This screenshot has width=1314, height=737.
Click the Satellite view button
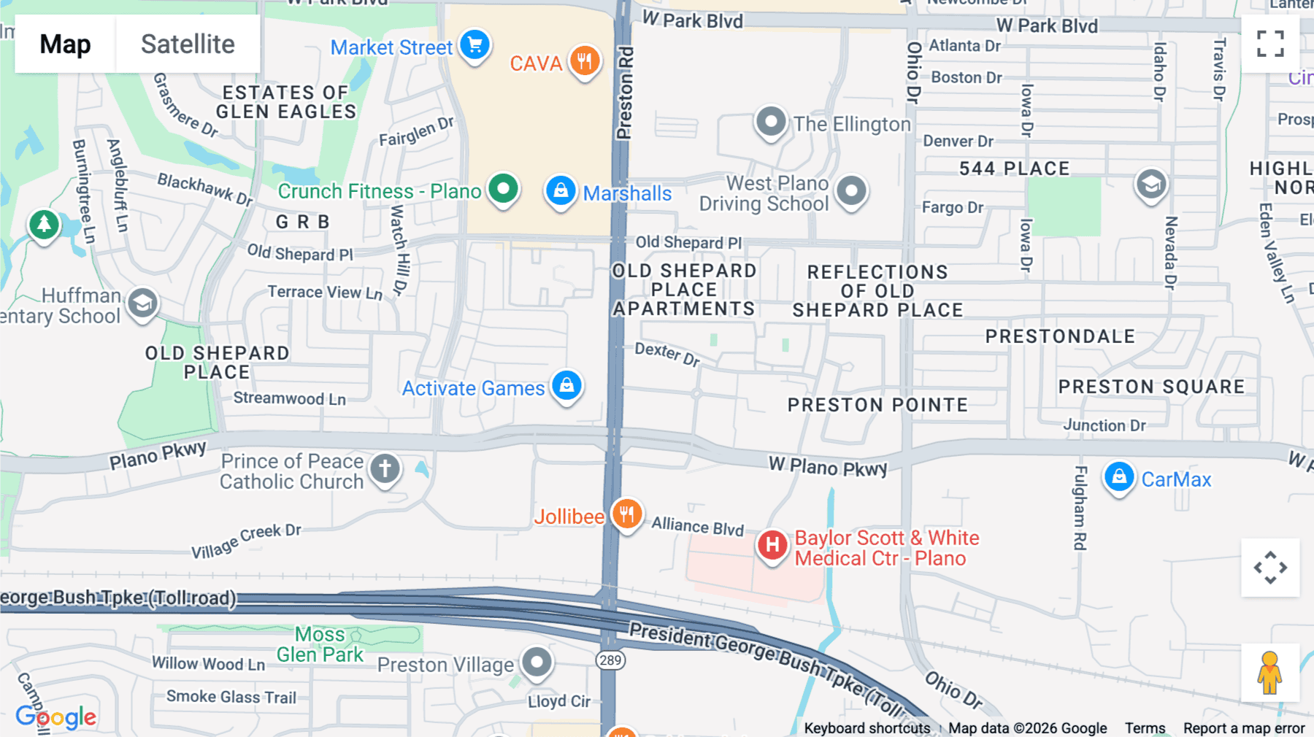(x=188, y=45)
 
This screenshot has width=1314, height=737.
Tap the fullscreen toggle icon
(x=1270, y=44)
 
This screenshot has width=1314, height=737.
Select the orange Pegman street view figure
(x=1269, y=673)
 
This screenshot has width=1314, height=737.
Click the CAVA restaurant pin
(x=585, y=61)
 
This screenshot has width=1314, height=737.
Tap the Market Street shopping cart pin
(x=475, y=46)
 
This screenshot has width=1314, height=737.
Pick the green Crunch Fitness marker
(x=503, y=190)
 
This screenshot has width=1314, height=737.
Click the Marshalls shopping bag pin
(x=561, y=191)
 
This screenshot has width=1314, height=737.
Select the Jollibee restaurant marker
(x=626, y=514)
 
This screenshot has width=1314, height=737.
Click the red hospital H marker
(x=772, y=545)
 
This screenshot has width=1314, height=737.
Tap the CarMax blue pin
(x=1119, y=478)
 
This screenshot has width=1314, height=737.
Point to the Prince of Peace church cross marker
(x=385, y=468)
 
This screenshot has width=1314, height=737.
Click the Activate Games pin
(x=566, y=385)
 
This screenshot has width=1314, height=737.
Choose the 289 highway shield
(x=610, y=660)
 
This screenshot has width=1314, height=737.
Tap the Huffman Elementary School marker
(x=142, y=304)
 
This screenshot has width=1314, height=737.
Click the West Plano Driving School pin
(x=851, y=192)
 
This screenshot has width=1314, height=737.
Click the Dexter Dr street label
(x=667, y=354)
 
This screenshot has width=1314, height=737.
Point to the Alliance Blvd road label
(x=697, y=526)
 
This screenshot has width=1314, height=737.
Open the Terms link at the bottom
(x=1145, y=728)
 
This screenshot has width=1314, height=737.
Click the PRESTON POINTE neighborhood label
(x=877, y=405)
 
